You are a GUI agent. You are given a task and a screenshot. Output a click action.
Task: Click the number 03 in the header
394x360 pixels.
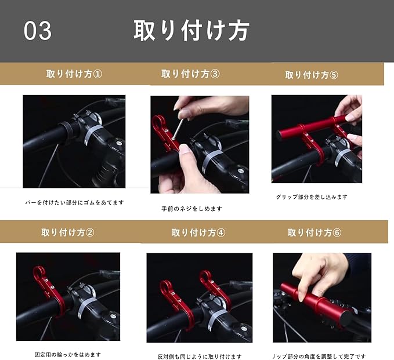coord(38,31)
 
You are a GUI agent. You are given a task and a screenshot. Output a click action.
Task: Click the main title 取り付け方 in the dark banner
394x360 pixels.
coord(191,30)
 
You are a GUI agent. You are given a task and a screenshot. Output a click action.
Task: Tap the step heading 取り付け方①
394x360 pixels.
coord(74,74)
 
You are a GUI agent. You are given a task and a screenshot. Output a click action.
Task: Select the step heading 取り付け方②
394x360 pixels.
coord(67,232)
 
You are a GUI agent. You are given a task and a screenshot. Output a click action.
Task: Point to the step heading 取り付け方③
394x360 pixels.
coord(190,74)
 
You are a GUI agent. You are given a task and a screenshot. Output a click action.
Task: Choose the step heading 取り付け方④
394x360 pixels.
coord(198,232)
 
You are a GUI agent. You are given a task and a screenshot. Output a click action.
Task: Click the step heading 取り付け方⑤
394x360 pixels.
coord(312,75)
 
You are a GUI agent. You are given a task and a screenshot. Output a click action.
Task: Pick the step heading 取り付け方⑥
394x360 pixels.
coord(315,232)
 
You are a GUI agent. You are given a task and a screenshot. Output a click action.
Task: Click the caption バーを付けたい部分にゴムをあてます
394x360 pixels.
coord(75,202)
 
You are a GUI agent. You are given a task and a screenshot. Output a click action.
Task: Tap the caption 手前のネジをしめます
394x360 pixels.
coord(191,208)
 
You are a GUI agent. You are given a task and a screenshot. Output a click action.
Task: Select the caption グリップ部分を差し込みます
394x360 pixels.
coord(312,197)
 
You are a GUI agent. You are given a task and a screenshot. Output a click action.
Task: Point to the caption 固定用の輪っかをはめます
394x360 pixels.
coord(67,354)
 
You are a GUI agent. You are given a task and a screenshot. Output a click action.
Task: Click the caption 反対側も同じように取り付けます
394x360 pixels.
coord(200,357)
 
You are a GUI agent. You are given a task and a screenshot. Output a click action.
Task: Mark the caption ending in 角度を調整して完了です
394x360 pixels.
coord(319,356)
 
